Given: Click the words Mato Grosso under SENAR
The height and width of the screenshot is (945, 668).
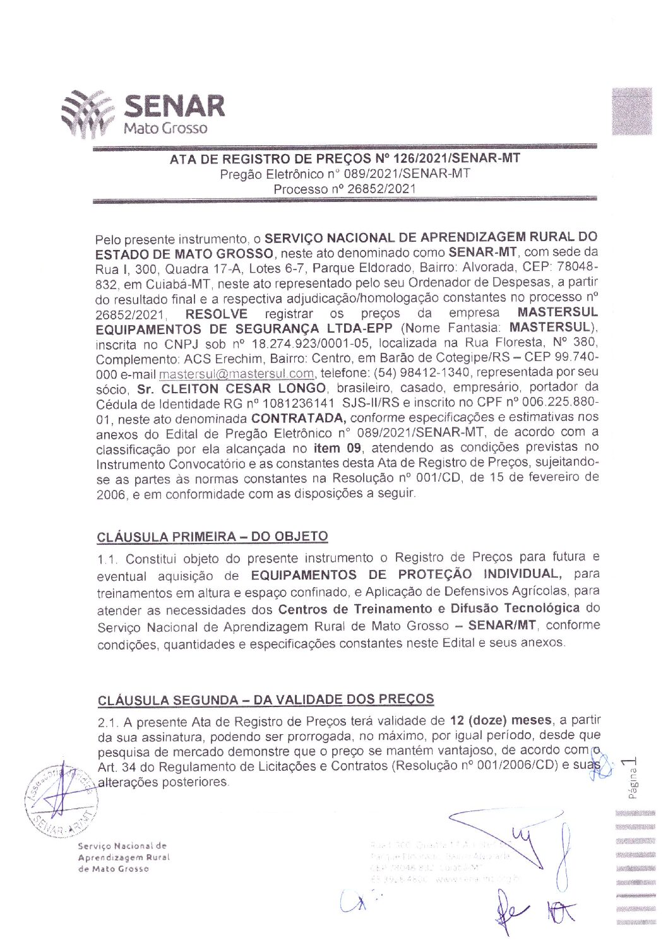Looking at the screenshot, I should tap(165, 128).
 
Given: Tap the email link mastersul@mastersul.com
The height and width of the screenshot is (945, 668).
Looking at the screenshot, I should tap(236, 373).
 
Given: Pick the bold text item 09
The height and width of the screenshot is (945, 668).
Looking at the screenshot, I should tap(337, 448).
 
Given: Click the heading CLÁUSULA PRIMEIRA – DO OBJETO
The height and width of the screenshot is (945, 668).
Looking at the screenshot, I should tap(212, 537).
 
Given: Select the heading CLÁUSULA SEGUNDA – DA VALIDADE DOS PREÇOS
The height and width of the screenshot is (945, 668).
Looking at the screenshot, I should tap(266, 699).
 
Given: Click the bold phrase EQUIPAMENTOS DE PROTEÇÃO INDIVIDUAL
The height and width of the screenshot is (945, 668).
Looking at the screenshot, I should tap(404, 574).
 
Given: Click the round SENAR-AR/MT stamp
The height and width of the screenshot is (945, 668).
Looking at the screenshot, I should tap(61, 800).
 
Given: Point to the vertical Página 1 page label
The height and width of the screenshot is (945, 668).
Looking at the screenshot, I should tap(632, 778).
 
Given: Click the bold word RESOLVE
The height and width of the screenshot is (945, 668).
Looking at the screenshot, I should tap(216, 314).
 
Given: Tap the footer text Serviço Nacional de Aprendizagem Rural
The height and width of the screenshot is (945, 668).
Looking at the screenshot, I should tap(123, 852).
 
